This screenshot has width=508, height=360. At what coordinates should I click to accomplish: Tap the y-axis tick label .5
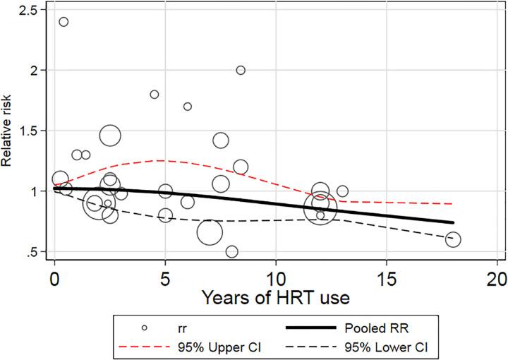point(32,252)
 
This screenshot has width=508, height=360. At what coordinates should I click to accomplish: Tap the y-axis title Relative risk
point(8,131)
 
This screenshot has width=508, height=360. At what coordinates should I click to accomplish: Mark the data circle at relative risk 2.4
point(64,22)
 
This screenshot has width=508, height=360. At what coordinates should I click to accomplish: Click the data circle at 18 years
point(452,240)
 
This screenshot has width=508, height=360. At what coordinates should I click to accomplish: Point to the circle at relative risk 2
point(241,70)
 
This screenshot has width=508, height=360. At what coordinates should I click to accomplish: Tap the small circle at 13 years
point(342,191)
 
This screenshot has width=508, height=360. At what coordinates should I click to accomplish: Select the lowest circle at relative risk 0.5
point(231,252)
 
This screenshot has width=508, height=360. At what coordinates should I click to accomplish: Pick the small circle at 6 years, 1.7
point(187,107)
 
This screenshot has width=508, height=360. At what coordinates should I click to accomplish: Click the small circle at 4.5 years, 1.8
point(155,95)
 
